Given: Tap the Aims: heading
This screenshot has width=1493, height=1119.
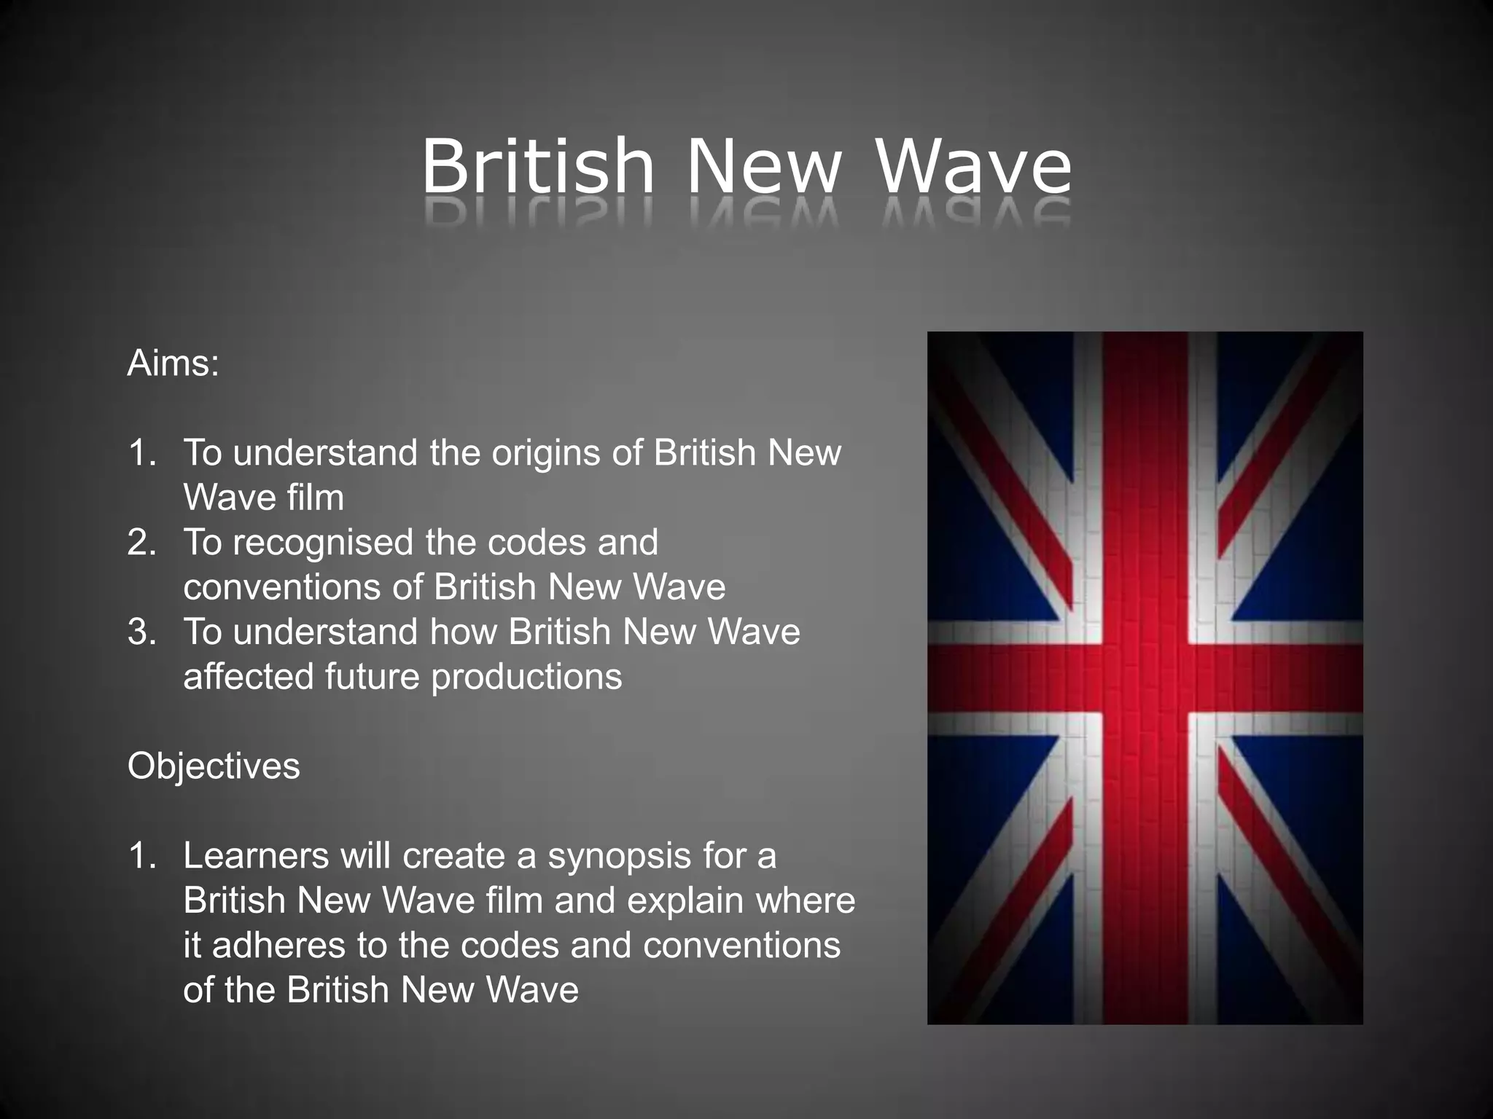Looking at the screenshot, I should point(174,363).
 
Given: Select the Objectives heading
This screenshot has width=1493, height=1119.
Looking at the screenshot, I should point(214,766).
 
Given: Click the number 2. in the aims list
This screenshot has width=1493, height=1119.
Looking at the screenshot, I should point(142,543).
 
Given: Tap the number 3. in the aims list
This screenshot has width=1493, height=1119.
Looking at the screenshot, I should point(142,632).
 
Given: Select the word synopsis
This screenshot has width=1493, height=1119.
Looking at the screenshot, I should point(619,857).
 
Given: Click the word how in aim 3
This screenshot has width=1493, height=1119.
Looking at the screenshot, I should point(463,632).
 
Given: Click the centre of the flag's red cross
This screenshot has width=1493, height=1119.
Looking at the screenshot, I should point(1145,678).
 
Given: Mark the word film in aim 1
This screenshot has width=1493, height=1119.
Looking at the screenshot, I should point(315,498).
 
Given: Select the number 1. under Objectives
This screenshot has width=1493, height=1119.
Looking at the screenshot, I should point(142,856).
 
